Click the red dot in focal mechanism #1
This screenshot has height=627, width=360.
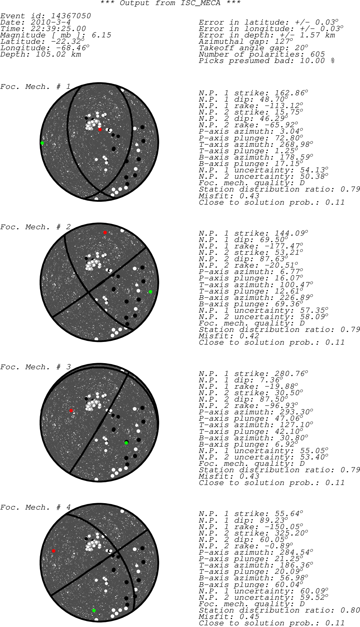(x=100, y=130)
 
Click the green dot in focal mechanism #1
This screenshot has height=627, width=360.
(x=42, y=143)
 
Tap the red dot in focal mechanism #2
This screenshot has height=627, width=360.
(x=105, y=233)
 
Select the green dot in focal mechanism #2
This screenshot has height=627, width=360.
(x=150, y=292)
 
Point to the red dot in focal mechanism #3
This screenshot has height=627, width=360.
(x=71, y=411)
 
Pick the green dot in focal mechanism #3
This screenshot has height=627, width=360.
(x=126, y=443)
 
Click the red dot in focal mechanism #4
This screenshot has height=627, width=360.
(x=53, y=551)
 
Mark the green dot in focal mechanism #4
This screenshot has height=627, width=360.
(x=94, y=610)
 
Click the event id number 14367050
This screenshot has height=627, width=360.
(x=71, y=16)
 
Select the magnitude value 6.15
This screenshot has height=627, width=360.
(x=101, y=35)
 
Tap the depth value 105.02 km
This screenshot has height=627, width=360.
(x=58, y=55)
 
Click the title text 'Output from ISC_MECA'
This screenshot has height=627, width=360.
(x=170, y=3)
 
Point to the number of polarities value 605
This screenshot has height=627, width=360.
(x=318, y=55)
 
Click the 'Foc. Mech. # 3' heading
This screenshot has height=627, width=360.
(x=35, y=367)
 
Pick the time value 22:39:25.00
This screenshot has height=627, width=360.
(x=58, y=29)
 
